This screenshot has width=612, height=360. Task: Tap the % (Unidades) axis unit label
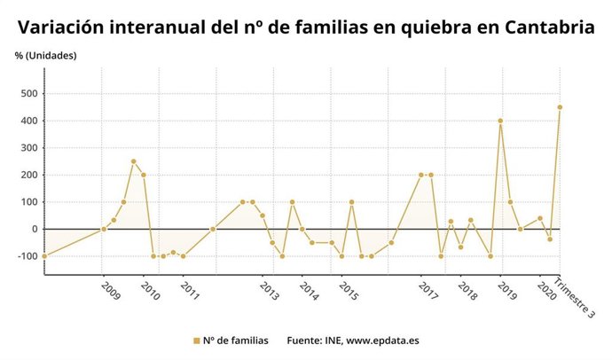(x=45, y=56)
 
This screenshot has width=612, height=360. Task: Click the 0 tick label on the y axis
(x=34, y=229)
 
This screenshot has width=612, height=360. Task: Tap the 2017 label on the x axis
(x=428, y=291)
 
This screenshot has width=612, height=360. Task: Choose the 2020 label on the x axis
(x=547, y=291)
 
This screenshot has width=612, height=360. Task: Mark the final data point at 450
(x=560, y=107)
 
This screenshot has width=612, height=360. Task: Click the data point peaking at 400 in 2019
(x=500, y=121)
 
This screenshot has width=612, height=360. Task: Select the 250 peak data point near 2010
(x=133, y=161)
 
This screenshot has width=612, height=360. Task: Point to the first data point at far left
(x=44, y=256)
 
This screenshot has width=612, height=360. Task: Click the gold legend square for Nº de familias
(x=196, y=340)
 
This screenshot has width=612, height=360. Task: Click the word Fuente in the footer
(x=304, y=340)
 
